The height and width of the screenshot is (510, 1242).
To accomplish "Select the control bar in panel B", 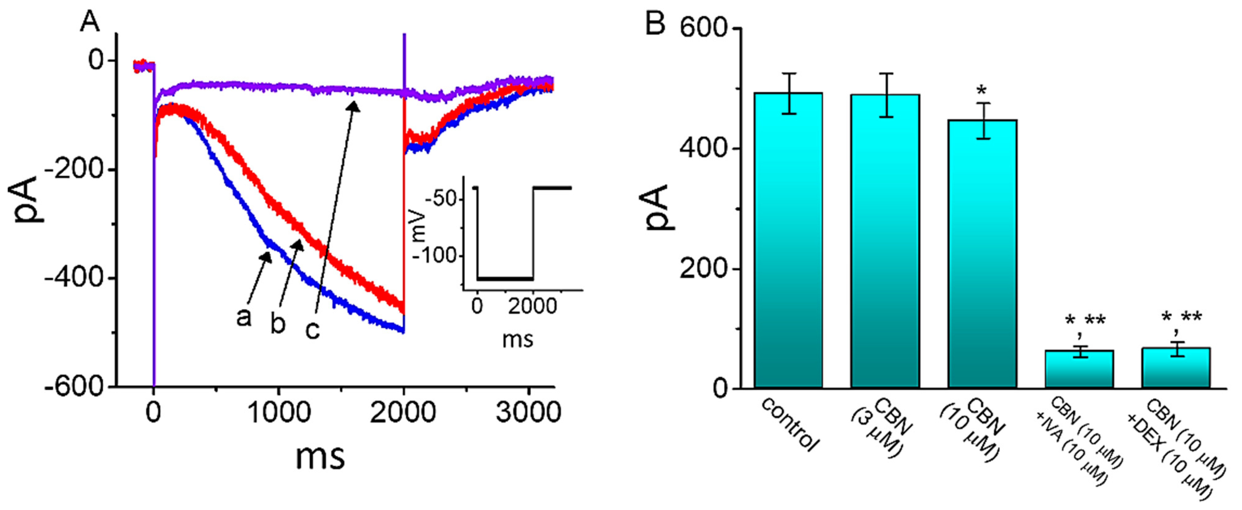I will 788,241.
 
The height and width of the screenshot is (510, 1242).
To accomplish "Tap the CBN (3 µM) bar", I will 885,241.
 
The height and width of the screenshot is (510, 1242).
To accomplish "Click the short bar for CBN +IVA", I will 1079,369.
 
